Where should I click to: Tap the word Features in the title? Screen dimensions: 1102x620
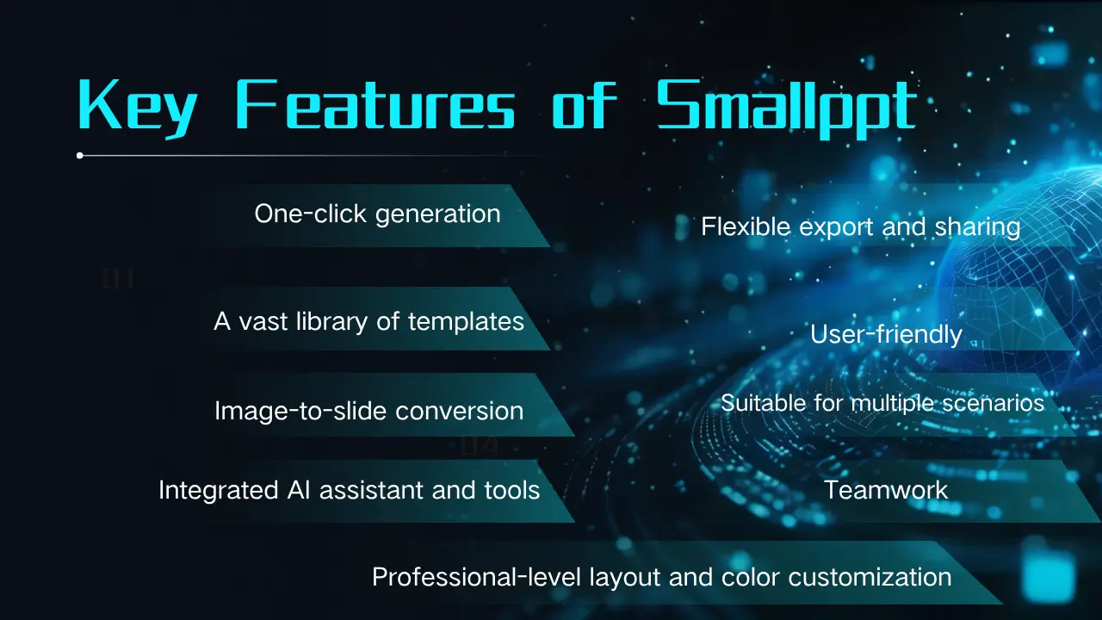pos(375,104)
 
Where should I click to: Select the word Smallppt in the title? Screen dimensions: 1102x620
pos(787,108)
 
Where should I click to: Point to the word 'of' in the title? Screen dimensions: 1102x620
pos(584,104)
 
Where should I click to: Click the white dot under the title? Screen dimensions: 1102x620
pos(80,156)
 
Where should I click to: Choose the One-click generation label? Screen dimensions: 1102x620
pos(377,214)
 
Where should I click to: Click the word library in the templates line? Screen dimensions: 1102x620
pos(332,322)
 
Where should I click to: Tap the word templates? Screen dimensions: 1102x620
pos(466,322)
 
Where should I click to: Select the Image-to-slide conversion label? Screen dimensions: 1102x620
pos(369,412)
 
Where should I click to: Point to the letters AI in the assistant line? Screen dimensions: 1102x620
pos(299,490)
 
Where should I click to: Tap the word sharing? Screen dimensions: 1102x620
pos(977,228)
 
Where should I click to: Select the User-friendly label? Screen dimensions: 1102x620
pos(886,335)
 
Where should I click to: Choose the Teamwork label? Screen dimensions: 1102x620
pos(886,490)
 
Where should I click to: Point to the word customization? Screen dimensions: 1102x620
pos(870,577)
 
